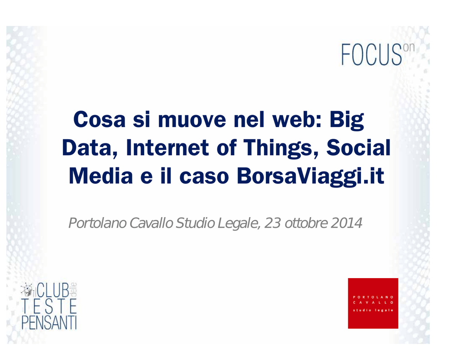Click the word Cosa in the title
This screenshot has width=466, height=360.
[99, 120]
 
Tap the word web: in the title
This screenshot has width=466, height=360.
[297, 120]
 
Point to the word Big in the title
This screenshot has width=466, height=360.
[346, 121]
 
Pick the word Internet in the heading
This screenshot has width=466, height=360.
[167, 148]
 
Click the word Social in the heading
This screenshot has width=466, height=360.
[359, 148]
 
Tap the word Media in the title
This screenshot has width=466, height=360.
[101, 176]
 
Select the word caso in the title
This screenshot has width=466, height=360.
[204, 177]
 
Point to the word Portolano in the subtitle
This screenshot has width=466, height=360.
[98, 223]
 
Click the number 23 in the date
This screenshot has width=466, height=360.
[273, 223]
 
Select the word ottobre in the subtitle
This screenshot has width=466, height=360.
[306, 223]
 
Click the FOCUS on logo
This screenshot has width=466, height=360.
[378, 54]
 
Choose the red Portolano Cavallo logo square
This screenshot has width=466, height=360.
[373, 303]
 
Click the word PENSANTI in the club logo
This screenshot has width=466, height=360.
[49, 322]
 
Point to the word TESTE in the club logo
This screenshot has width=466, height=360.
[49, 306]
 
